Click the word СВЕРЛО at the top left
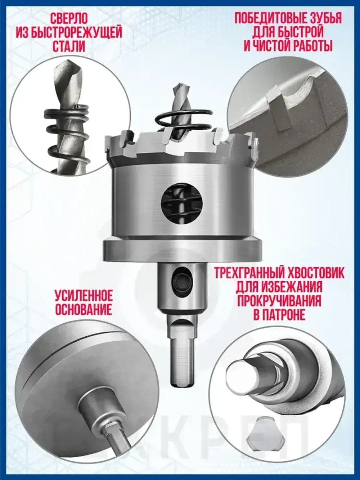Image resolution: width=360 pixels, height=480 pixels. coord(69,19)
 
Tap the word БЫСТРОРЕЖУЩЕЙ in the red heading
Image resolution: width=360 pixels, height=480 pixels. coord(80,33)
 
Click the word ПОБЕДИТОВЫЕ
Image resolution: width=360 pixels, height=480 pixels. coord(266,19)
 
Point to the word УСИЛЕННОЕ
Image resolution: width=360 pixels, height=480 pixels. coord(84,296)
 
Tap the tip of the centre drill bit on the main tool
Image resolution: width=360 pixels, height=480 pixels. coord(179,84)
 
